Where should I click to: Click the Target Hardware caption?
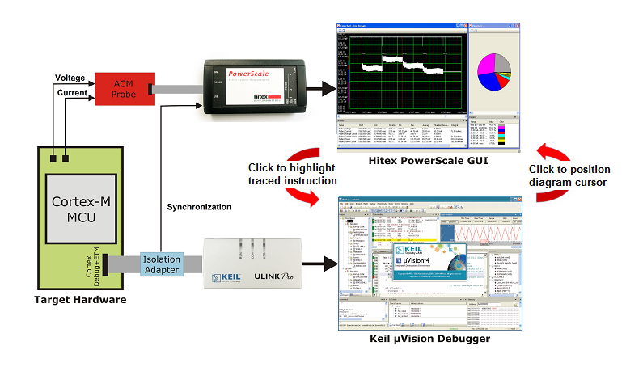click(x=79, y=300)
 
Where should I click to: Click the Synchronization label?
click(x=199, y=207)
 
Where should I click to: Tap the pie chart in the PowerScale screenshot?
click(x=493, y=71)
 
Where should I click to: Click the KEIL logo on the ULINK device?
click(x=226, y=279)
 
